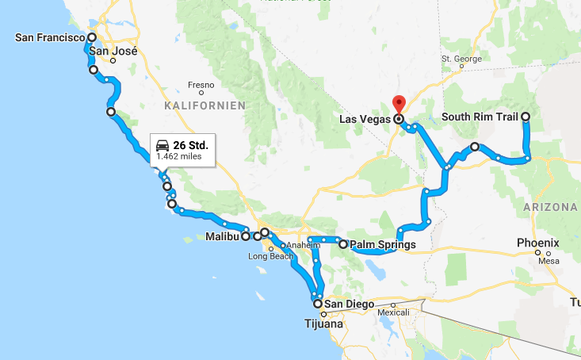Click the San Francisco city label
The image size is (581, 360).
click(x=50, y=37)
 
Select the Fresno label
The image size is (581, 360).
click(x=201, y=85)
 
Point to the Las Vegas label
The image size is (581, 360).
click(x=365, y=119)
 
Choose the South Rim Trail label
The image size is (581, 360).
click(x=480, y=117)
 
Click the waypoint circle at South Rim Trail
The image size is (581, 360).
click(x=526, y=117)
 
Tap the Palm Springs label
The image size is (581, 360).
click(x=383, y=245)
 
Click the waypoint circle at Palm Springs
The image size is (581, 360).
click(x=343, y=245)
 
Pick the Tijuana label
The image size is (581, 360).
click(x=325, y=324)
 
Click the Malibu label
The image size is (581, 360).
click(x=222, y=236)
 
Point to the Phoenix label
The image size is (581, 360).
click(x=538, y=243)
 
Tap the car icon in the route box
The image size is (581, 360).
click(x=162, y=145)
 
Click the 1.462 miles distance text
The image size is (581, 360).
click(x=179, y=156)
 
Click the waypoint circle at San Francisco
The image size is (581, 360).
click(x=92, y=37)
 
